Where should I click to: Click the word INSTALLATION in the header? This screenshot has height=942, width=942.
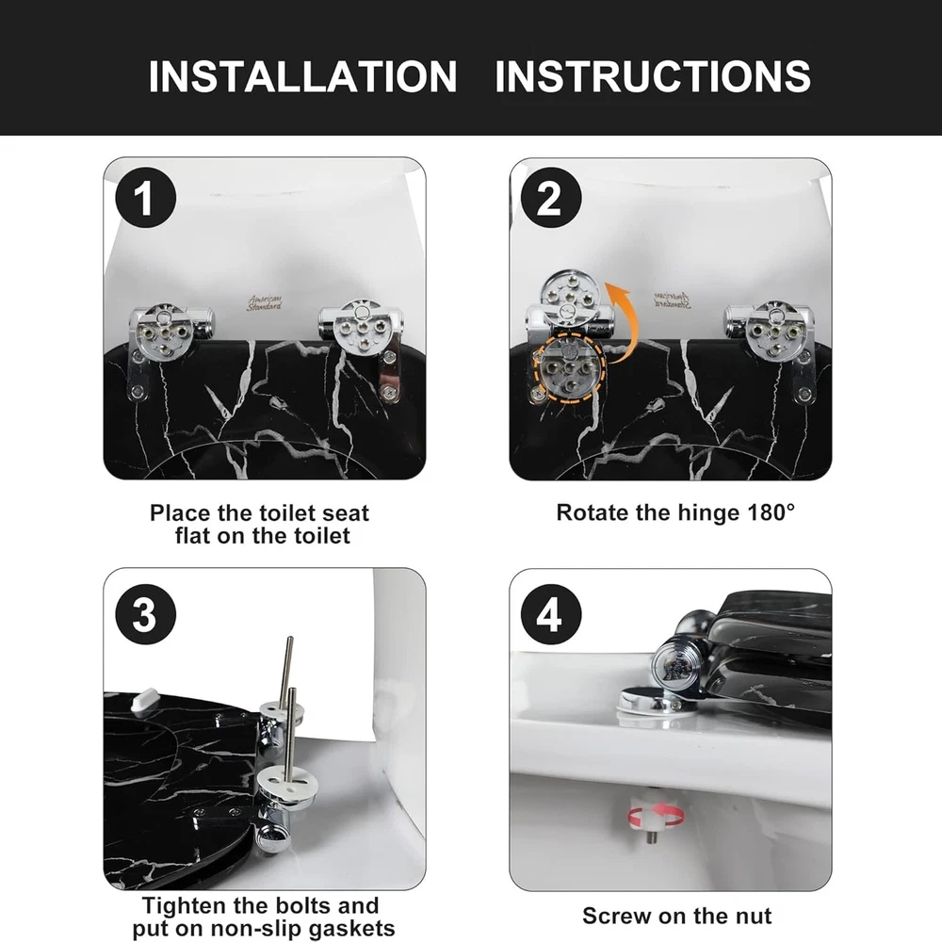pyautogui.click(x=302, y=76)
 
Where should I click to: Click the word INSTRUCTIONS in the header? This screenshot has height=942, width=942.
pyautogui.click(x=653, y=76)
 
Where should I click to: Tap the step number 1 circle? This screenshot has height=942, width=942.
pyautogui.click(x=145, y=198)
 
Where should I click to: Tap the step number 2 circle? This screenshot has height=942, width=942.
pyautogui.click(x=551, y=198)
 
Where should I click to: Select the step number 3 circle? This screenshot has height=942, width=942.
pyautogui.click(x=145, y=614)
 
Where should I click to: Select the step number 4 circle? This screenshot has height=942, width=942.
pyautogui.click(x=551, y=614)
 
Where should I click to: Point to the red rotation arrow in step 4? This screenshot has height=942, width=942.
pyautogui.click(x=656, y=816)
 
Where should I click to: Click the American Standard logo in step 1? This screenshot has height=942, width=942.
pyautogui.click(x=265, y=302)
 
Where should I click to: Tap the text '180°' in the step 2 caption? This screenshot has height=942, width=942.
pyautogui.click(x=771, y=512)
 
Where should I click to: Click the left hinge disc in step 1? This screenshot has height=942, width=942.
pyautogui.click(x=162, y=331)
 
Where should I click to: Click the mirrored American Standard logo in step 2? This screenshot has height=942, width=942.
pyautogui.click(x=673, y=300)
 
